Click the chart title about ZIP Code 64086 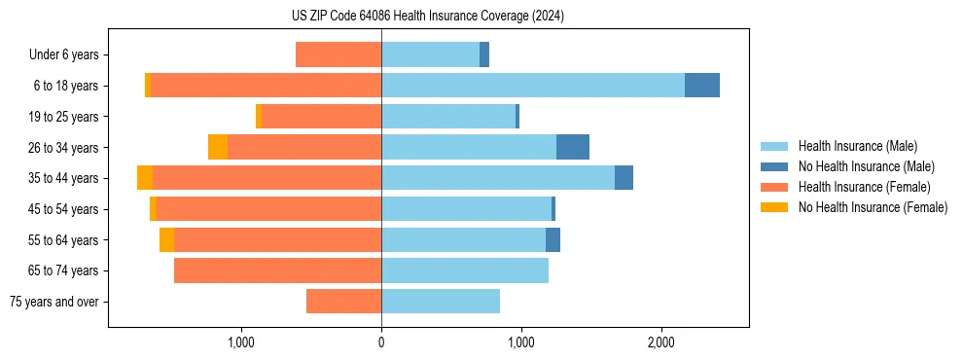click(428, 17)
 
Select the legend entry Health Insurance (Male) click(857, 146)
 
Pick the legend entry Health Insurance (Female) click(864, 187)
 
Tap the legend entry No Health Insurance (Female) click(873, 207)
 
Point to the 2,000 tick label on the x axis click(661, 342)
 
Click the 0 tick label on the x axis click(381, 342)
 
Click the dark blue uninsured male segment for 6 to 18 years click(702, 86)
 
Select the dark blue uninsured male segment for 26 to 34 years click(573, 147)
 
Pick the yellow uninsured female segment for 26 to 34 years click(218, 147)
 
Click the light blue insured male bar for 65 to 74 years click(465, 270)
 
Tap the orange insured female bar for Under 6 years click(339, 55)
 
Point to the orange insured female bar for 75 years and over click(343, 302)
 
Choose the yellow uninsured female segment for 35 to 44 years click(145, 178)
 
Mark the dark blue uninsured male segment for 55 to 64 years click(553, 239)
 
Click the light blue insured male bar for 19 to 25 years click(448, 117)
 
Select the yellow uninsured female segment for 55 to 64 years click(167, 239)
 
